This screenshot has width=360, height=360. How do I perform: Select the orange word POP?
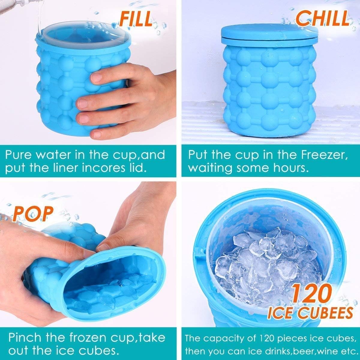click(32, 214)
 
